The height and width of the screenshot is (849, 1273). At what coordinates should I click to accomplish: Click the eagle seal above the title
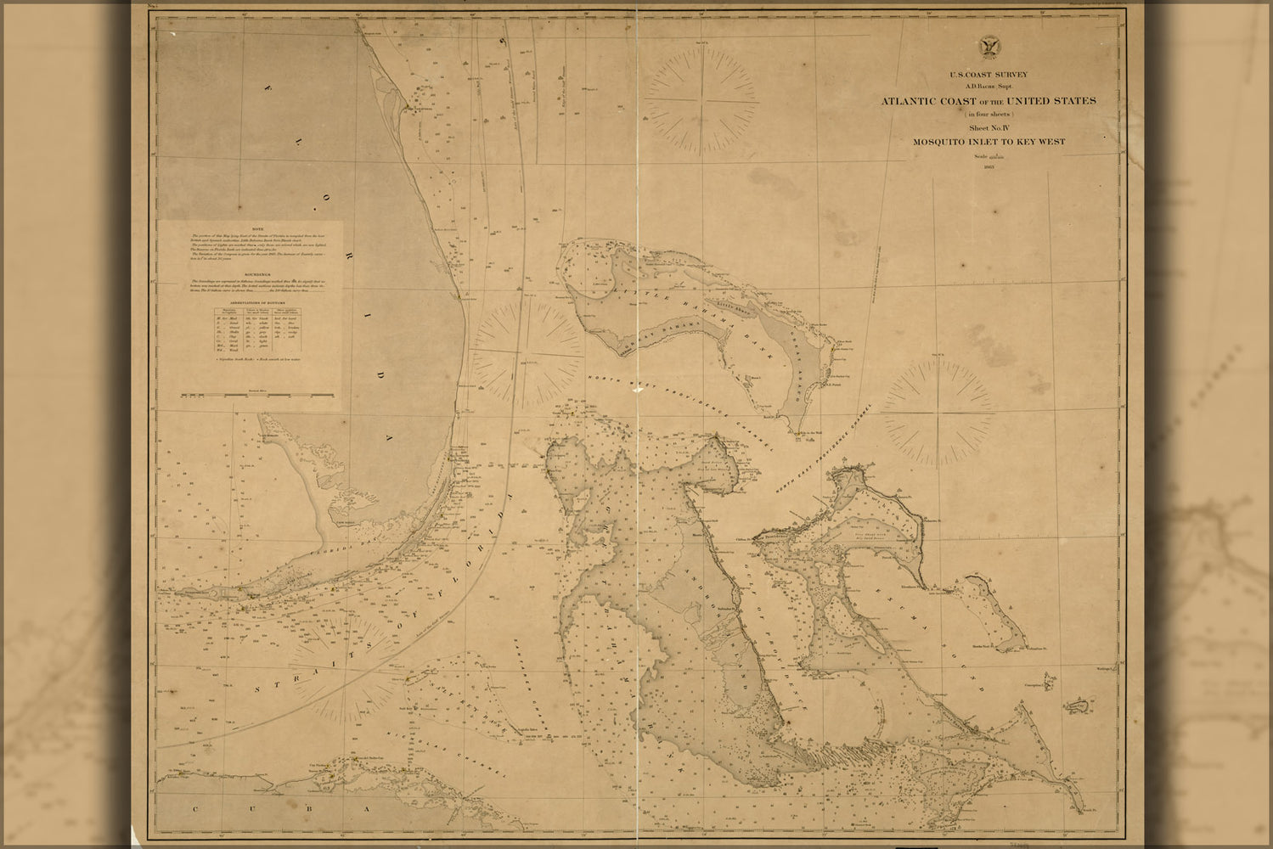989,48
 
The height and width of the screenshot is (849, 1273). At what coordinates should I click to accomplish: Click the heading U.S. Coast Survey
989,75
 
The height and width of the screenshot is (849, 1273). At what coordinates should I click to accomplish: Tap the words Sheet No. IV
989,127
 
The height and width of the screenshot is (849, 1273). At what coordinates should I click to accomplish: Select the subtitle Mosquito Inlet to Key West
989,142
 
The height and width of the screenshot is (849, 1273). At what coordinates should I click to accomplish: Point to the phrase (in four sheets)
989,113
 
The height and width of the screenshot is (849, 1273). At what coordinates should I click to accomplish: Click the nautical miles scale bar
255,396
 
